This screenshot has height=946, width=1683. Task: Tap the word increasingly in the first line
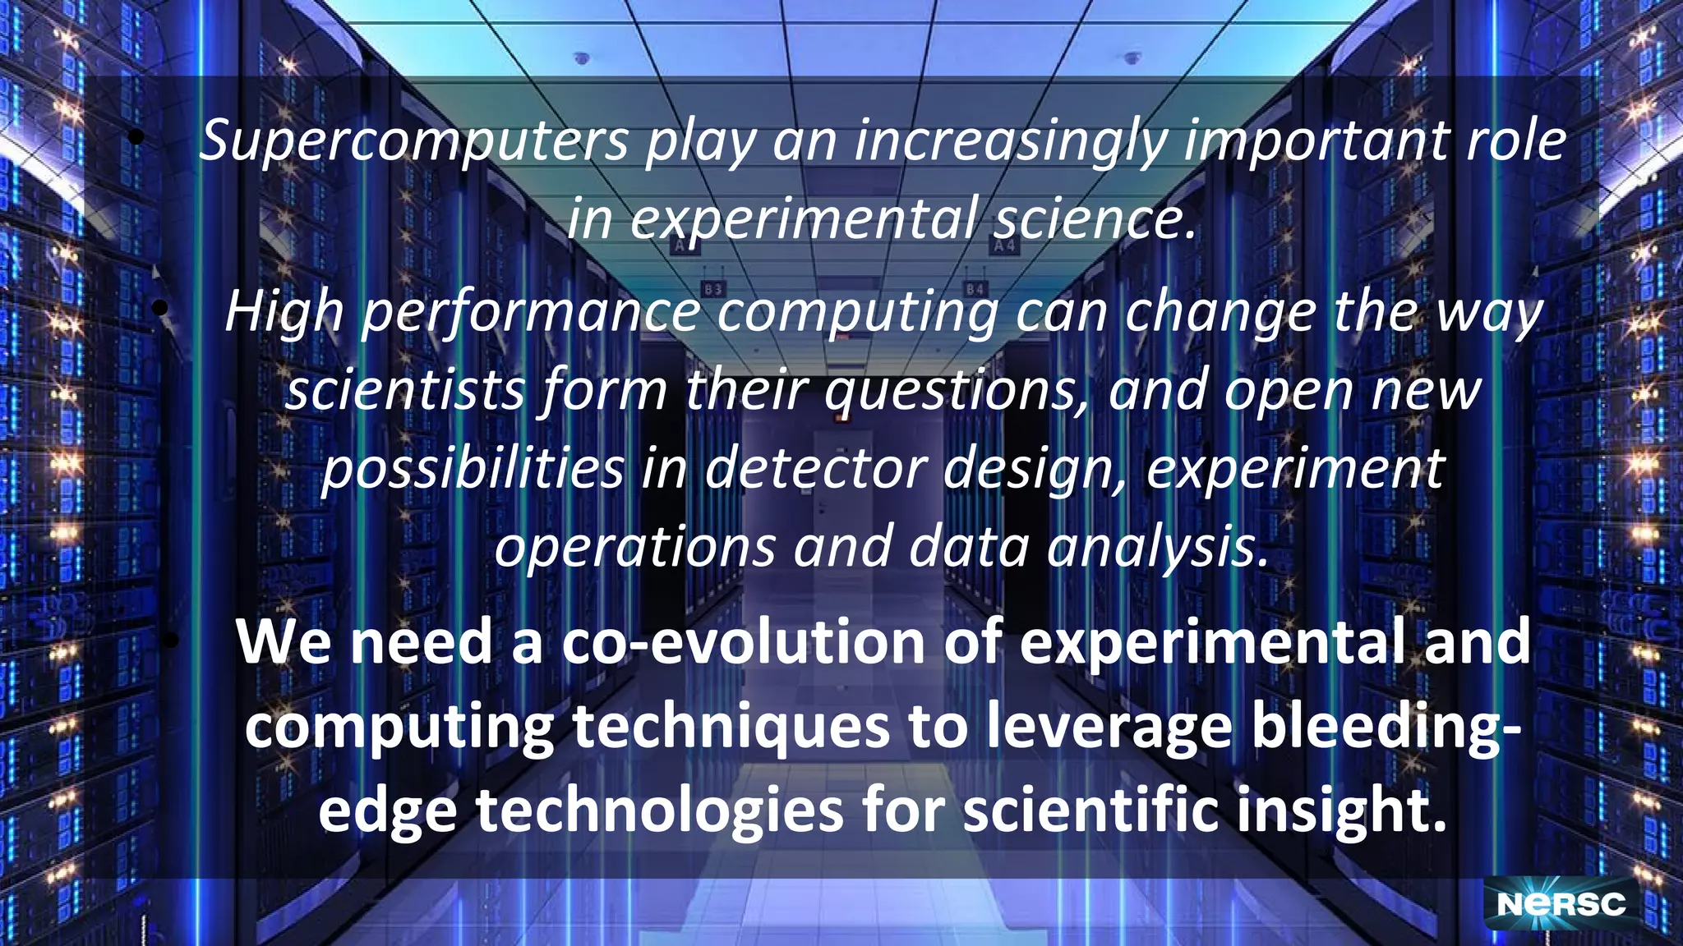[1011, 141]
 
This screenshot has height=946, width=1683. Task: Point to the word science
[1093, 219]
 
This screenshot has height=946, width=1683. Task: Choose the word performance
[531, 314]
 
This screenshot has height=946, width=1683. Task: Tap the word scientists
[404, 391]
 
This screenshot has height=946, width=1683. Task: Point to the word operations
[635, 547]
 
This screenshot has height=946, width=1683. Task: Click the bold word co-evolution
[743, 643]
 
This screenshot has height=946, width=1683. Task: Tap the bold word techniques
[731, 727]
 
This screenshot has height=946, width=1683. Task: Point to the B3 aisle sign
[713, 289]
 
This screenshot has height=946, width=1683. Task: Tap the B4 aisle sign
[975, 289]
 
